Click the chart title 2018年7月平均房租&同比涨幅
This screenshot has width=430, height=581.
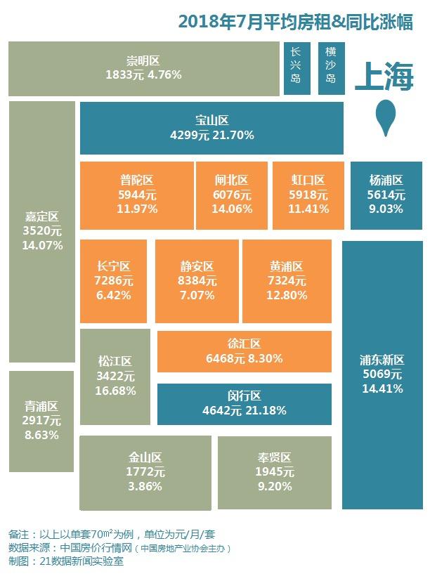click(x=295, y=22)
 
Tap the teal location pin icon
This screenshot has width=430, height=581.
click(x=385, y=117)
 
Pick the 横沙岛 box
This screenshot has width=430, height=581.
click(x=330, y=67)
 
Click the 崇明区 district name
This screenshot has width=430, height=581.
click(x=143, y=59)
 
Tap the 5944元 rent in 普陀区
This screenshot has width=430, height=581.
click(x=136, y=195)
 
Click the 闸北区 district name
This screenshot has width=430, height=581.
click(x=232, y=181)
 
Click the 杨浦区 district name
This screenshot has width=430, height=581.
click(x=386, y=181)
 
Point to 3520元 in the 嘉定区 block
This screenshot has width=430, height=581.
click(x=42, y=231)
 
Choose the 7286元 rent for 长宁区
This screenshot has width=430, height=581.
click(x=114, y=281)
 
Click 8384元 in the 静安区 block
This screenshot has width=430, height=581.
click(x=197, y=281)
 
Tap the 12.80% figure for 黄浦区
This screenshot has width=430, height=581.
click(x=286, y=295)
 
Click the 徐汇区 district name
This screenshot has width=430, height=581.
click(x=244, y=344)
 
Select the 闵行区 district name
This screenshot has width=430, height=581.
click(x=244, y=396)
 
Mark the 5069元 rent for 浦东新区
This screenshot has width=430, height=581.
click(x=382, y=374)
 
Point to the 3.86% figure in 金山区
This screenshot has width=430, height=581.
click(x=145, y=485)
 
